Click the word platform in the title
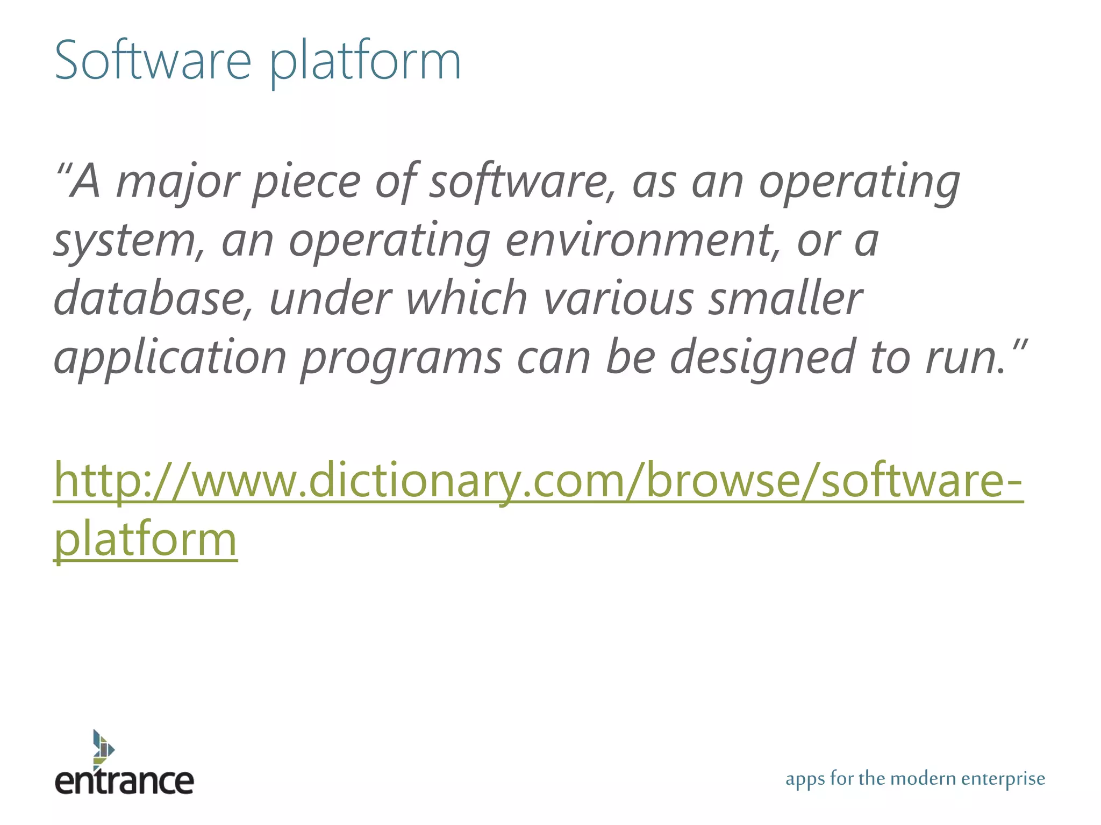[x=364, y=62]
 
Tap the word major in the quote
[x=177, y=183]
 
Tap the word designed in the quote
[x=762, y=359]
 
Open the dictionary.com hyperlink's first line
[x=538, y=480]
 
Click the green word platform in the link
[x=146, y=539]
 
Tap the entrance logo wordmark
[x=124, y=781]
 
